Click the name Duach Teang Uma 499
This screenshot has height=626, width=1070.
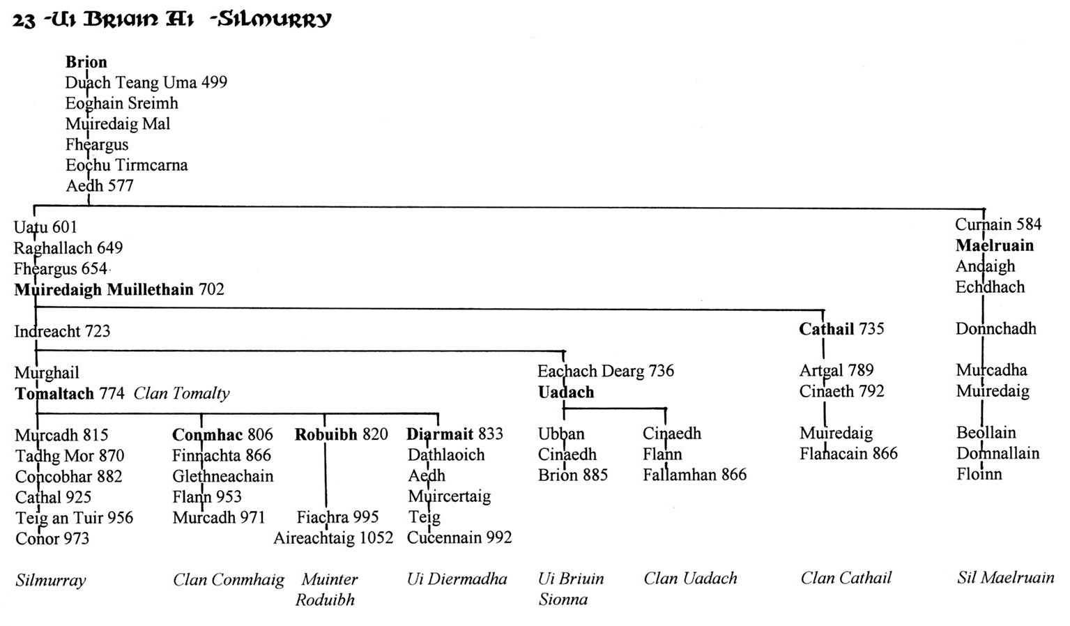(x=146, y=83)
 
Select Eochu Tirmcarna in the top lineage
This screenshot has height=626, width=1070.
(x=127, y=165)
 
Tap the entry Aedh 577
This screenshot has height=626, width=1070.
(x=100, y=186)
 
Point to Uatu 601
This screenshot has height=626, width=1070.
(x=45, y=227)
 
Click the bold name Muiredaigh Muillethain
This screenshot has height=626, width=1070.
(x=104, y=289)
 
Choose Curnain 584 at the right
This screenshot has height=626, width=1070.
(x=998, y=224)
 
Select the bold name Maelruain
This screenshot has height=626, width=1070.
(x=995, y=245)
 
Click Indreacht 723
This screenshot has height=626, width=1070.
(x=62, y=331)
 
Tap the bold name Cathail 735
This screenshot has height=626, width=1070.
(x=841, y=329)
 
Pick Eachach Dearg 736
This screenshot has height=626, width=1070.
(x=606, y=371)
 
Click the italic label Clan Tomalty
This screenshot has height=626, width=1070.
(x=181, y=393)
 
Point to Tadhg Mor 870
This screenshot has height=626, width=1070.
(x=70, y=456)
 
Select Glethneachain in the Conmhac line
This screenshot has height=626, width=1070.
(x=223, y=476)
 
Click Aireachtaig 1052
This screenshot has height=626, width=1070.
(x=333, y=538)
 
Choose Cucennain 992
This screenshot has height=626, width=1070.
(x=459, y=537)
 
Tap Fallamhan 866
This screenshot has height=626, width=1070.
(x=694, y=475)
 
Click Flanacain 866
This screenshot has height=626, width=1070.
(x=849, y=454)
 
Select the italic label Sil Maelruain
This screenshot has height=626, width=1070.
(x=1005, y=578)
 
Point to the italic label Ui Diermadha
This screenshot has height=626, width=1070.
(x=457, y=579)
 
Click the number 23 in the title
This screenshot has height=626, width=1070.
(x=24, y=21)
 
